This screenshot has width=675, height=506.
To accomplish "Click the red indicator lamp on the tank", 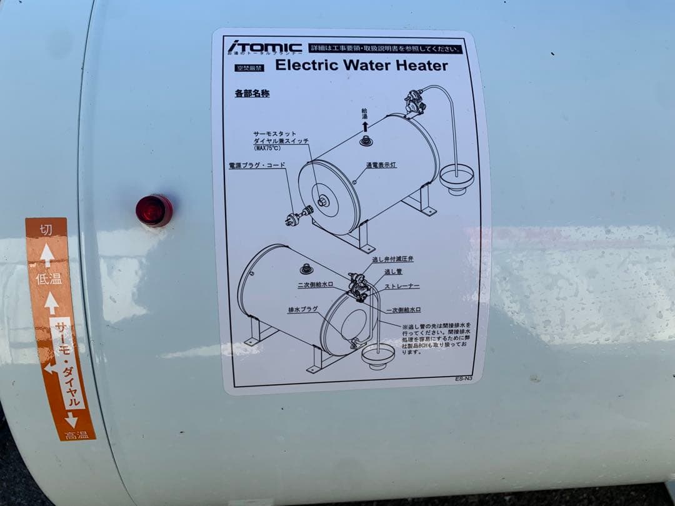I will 154,210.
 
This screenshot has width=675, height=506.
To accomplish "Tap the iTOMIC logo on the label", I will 264,47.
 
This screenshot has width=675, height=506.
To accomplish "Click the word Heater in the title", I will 418,66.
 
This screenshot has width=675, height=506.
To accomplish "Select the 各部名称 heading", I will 252,94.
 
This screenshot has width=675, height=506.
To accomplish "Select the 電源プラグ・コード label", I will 257,166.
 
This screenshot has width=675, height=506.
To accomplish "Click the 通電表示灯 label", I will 381,166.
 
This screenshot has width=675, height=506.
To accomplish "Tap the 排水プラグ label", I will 303,309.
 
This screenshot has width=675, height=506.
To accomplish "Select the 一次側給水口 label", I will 403,309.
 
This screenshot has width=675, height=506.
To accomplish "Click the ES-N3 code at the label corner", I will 464,378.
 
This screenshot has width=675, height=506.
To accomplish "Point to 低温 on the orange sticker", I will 49,279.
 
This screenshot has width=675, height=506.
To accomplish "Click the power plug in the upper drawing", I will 294,218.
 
